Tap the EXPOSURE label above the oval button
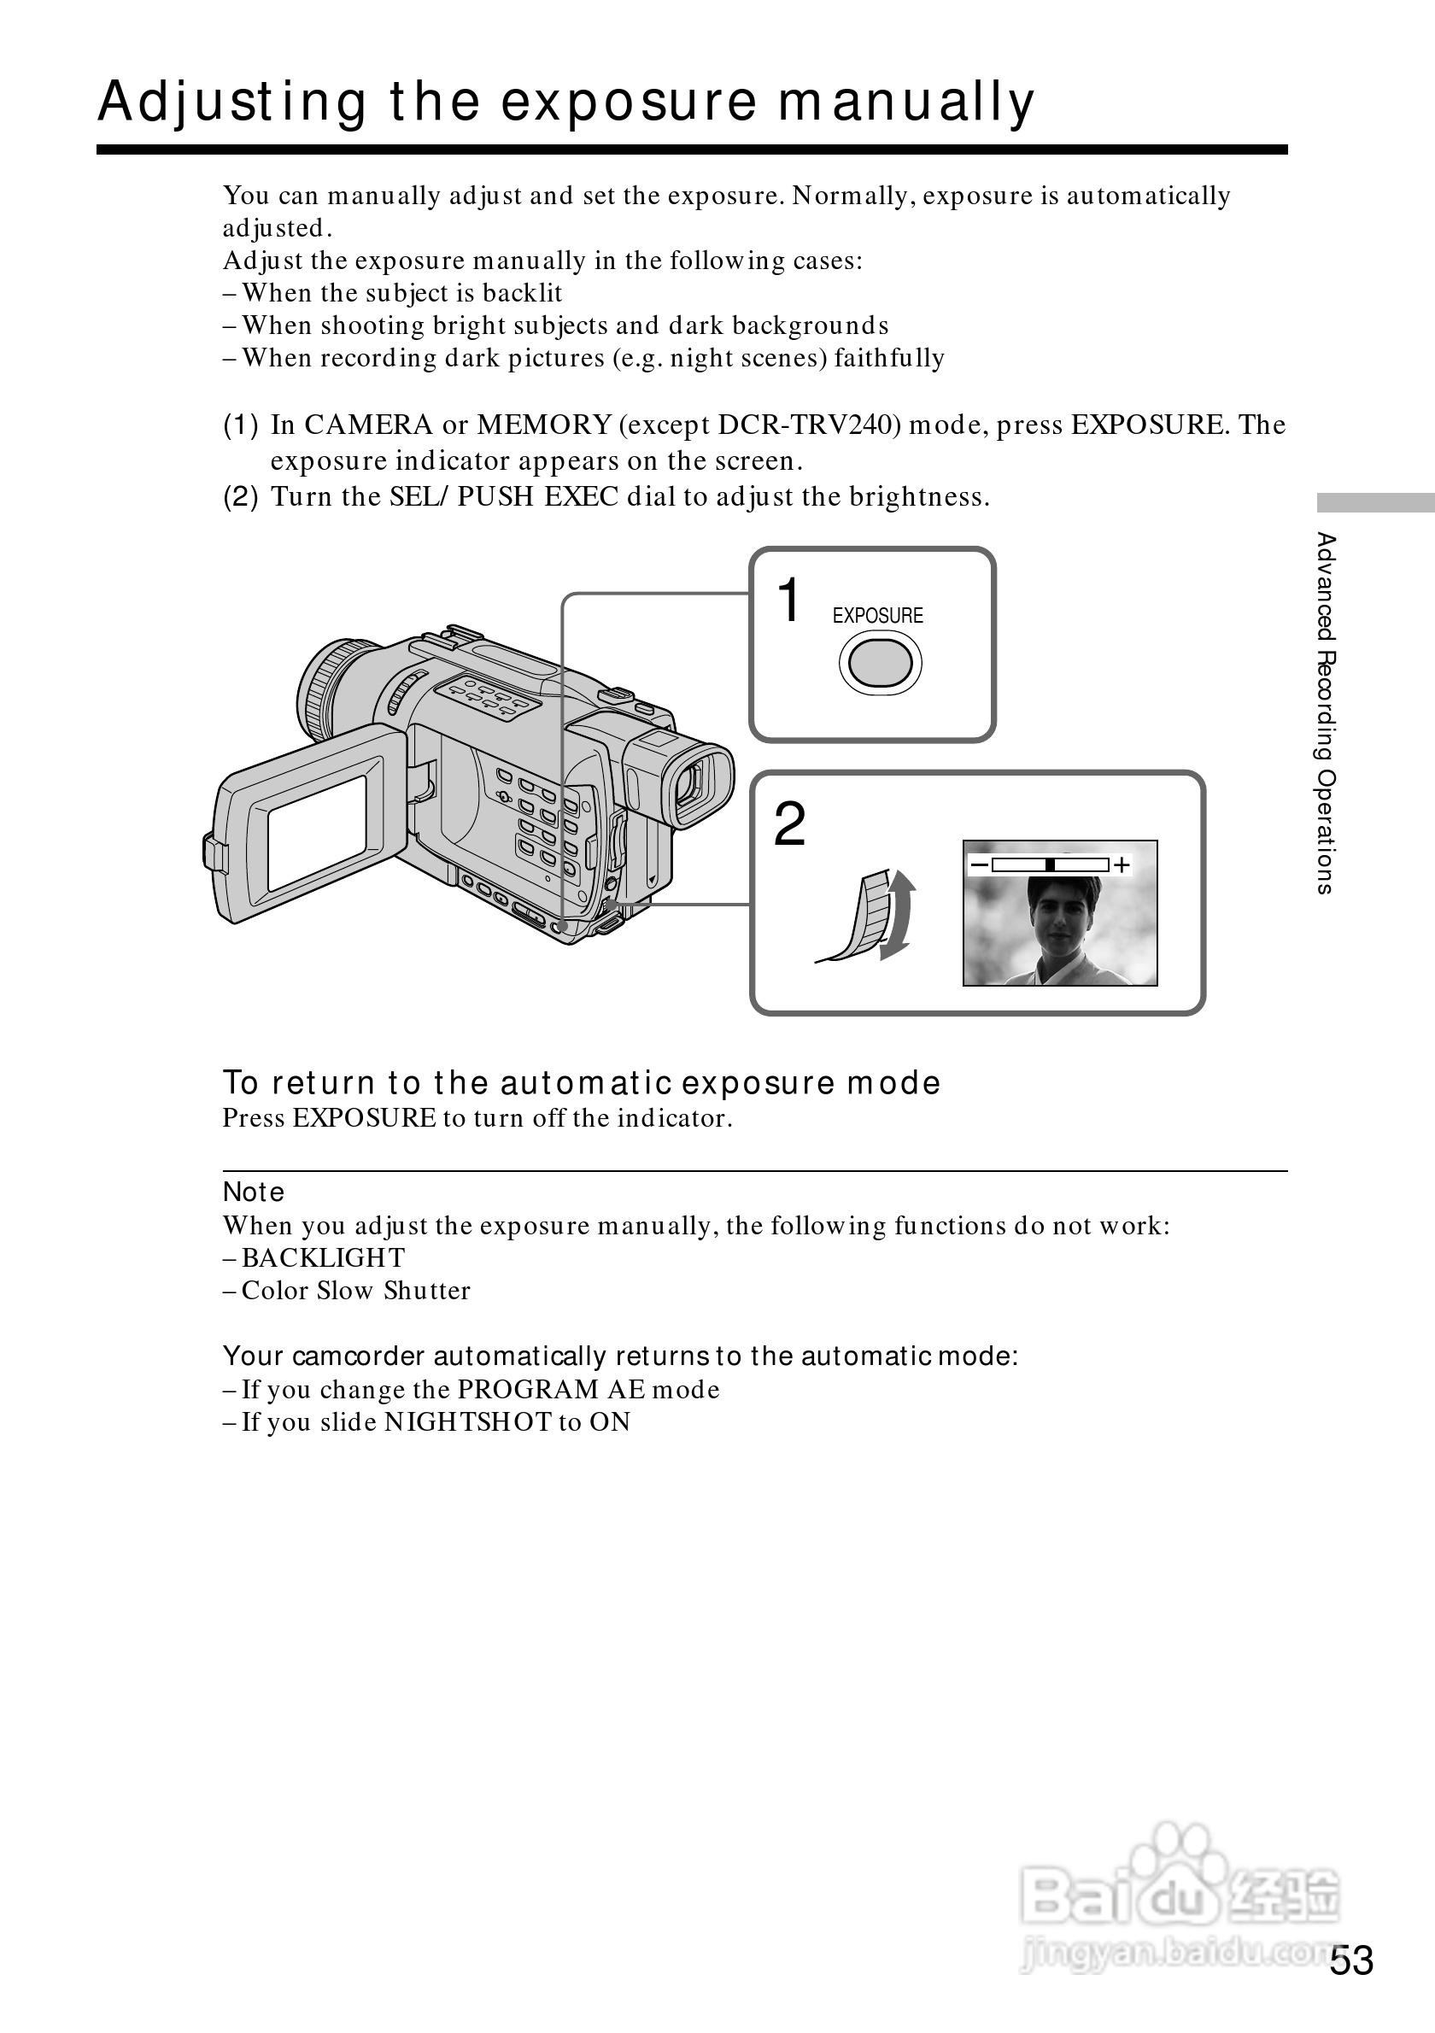[877, 615]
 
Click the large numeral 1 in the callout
[788, 601]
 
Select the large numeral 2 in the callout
[789, 824]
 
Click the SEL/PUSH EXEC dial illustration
[873, 917]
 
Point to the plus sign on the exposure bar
[1122, 865]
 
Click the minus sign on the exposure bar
[979, 864]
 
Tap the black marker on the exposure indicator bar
[1050, 865]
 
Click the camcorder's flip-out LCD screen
[317, 832]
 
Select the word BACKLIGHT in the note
[323, 1258]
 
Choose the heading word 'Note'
[254, 1192]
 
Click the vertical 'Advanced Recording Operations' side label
[1325, 712]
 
